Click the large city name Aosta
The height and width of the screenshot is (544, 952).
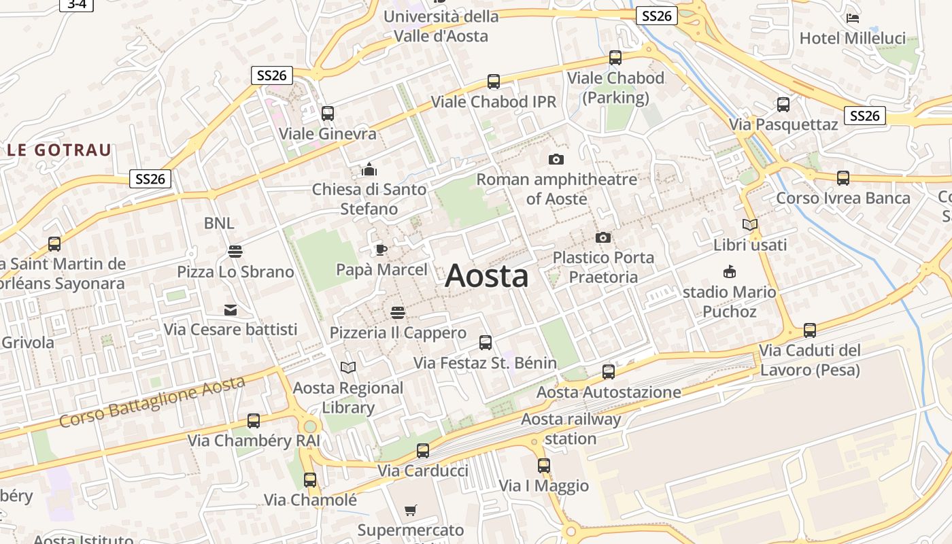coord(486,276)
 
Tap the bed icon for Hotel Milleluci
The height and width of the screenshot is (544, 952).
coord(853,18)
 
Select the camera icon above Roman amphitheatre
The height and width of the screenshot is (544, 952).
coord(556,159)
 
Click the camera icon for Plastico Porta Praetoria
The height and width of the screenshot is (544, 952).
coord(602,237)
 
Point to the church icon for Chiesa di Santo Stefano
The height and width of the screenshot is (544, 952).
coord(369,169)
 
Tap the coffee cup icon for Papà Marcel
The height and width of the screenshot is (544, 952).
coord(381,250)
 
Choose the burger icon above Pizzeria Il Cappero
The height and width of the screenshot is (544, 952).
coord(398,312)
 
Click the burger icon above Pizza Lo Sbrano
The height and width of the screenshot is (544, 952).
coord(235,252)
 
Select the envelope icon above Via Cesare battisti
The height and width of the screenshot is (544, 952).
coord(231,310)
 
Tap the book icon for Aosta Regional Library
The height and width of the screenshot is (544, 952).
coord(348,367)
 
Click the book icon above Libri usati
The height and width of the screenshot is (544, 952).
coord(750,224)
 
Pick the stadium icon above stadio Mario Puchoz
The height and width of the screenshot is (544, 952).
coord(730,272)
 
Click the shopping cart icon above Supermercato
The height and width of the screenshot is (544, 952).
coord(411,510)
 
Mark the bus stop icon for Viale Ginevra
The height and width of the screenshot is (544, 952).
coord(328,114)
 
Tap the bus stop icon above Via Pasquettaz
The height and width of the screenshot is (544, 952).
coord(783,105)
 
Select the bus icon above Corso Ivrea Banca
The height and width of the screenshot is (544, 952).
coord(843,178)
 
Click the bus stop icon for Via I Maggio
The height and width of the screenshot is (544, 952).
coord(544,466)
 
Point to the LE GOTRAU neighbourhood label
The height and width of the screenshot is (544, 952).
coord(59,150)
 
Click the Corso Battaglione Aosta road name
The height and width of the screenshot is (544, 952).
coord(152,402)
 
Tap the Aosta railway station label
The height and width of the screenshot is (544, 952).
coord(571,428)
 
